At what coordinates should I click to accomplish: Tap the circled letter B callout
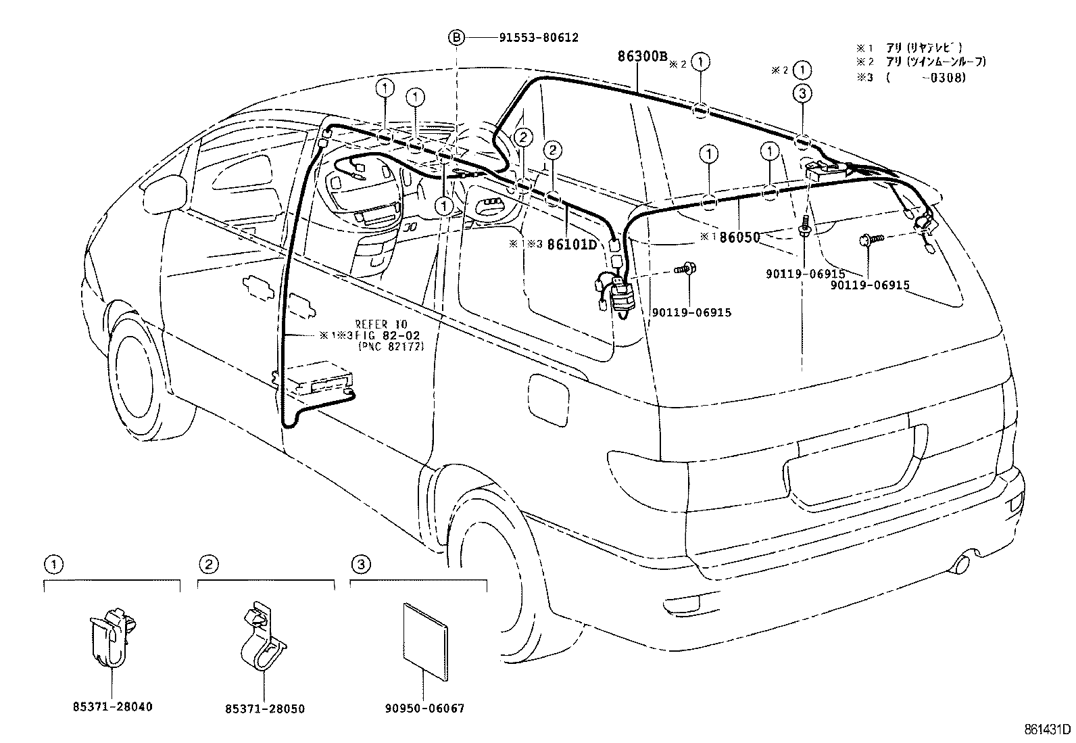click(x=457, y=38)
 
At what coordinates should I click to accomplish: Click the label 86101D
click(x=572, y=244)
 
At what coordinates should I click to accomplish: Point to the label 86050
click(x=739, y=237)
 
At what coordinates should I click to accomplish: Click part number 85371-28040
click(x=112, y=707)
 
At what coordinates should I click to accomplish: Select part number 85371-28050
click(x=264, y=709)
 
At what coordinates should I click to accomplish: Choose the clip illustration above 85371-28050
click(x=264, y=639)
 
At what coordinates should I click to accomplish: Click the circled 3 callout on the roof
click(x=802, y=94)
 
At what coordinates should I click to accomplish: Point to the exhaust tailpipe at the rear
click(x=967, y=560)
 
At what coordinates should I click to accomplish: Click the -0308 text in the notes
click(x=947, y=77)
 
